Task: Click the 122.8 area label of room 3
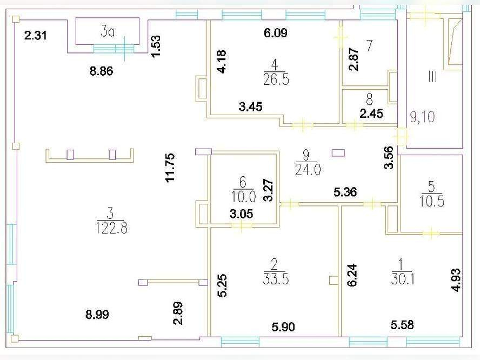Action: coord(111,228)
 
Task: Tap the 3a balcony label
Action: coord(108,32)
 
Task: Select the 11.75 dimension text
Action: coord(170,168)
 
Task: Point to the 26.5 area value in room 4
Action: coord(276,80)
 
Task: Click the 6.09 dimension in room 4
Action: coord(276,33)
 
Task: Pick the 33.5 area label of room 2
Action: coord(276,279)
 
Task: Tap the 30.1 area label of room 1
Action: coord(403,279)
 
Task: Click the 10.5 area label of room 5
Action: coord(432,201)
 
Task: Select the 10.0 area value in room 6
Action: coord(243,197)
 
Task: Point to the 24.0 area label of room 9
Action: coord(308,170)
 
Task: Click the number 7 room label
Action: coord(370,45)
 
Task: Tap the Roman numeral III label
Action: coord(432,76)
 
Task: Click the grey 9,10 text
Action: coord(423,117)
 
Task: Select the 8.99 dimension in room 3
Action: coord(97,315)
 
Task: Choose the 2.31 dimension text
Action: coord(36,36)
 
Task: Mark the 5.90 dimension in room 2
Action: coord(283,327)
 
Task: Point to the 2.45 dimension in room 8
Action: coord(371,114)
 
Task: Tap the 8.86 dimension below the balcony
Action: coord(101,71)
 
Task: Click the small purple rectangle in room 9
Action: coord(338,153)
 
